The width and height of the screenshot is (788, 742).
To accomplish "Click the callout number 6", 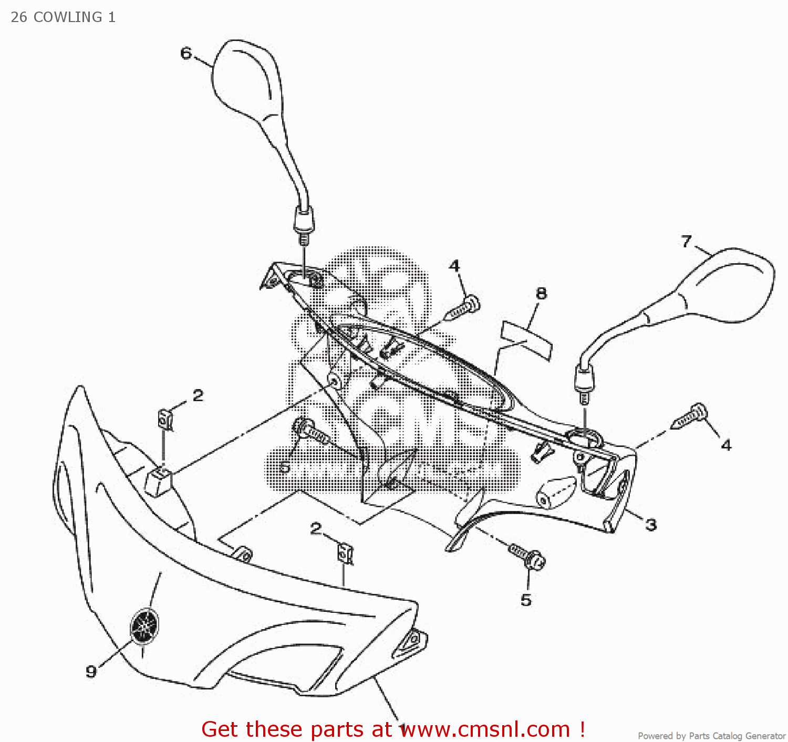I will click(x=186, y=53).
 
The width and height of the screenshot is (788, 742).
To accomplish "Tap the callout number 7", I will click(x=686, y=241).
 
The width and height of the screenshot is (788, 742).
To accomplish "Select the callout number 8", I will click(x=541, y=294).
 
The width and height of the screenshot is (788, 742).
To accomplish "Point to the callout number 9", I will click(x=91, y=671).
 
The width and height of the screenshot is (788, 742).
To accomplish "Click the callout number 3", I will click(x=651, y=524).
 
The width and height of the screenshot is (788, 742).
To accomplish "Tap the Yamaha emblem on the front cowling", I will click(x=144, y=625).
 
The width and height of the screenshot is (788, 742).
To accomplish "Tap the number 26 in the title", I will click(x=19, y=17).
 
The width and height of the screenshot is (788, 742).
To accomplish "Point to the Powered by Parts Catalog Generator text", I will click(x=711, y=736).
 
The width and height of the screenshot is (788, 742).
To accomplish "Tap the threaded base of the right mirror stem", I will click(x=584, y=398).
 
